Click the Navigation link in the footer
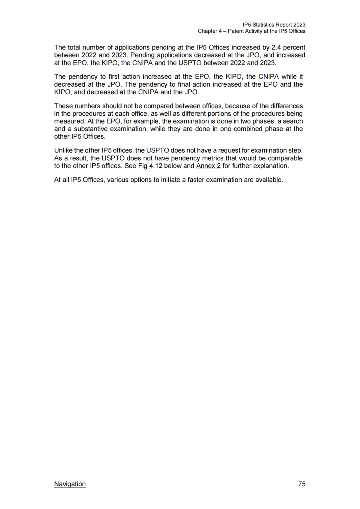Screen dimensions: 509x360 70,484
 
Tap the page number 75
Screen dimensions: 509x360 302,484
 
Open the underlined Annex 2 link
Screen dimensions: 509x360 208,166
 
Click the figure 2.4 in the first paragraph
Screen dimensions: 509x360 276,47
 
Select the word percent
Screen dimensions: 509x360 294,47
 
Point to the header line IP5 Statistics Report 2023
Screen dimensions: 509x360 274,25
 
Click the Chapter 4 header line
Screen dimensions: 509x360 251,31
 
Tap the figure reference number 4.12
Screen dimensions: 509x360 155,166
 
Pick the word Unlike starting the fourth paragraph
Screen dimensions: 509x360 64,151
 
